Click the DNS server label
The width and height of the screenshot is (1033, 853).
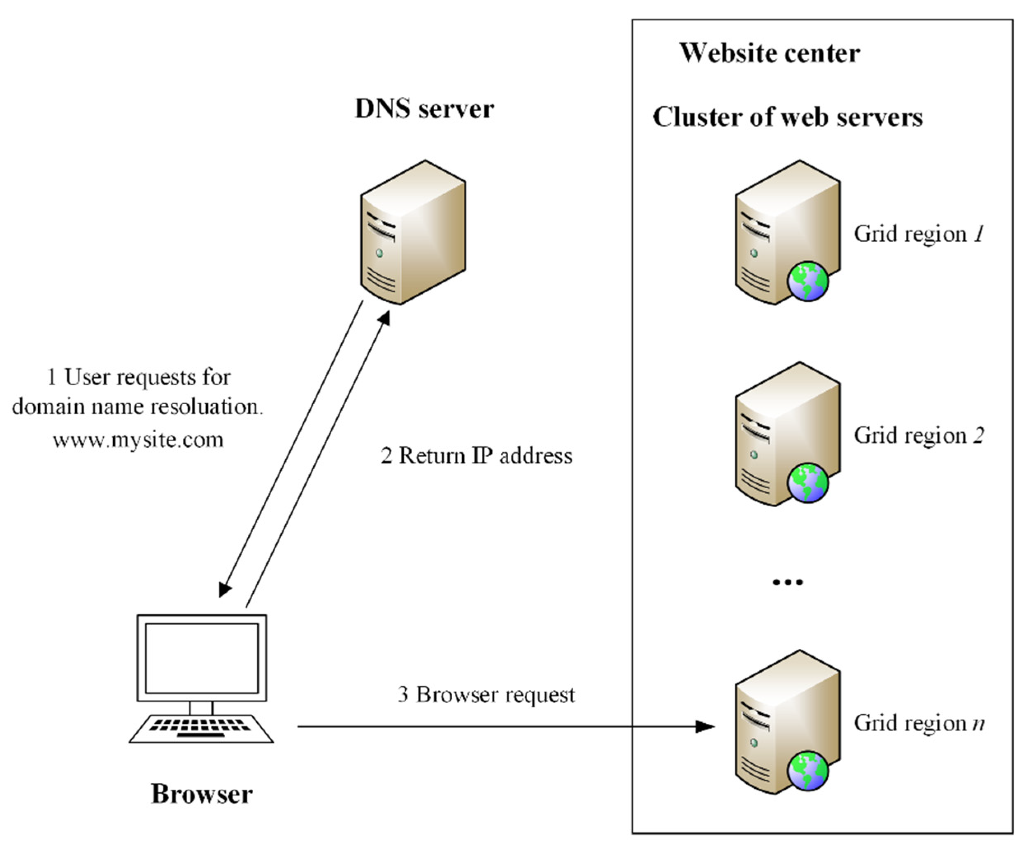pyautogui.click(x=424, y=109)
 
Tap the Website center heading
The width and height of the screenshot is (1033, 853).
pyautogui.click(x=769, y=53)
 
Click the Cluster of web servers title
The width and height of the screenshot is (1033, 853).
pyautogui.click(x=787, y=117)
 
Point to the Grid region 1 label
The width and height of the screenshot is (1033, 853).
pyautogui.click(x=918, y=234)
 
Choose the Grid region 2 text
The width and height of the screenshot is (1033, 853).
pyautogui.click(x=918, y=435)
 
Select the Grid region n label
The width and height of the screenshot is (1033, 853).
pyautogui.click(x=918, y=723)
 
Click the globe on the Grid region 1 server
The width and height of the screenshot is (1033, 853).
pyautogui.click(x=807, y=281)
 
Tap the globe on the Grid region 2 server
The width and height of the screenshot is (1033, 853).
pyautogui.click(x=807, y=482)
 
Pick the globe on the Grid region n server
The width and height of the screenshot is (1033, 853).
pyautogui.click(x=807, y=770)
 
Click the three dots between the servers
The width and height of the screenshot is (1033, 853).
pyautogui.click(x=787, y=582)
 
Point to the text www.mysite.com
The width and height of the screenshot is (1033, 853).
pyautogui.click(x=138, y=439)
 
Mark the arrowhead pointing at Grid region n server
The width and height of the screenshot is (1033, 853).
pyautogui.click(x=705, y=726)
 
